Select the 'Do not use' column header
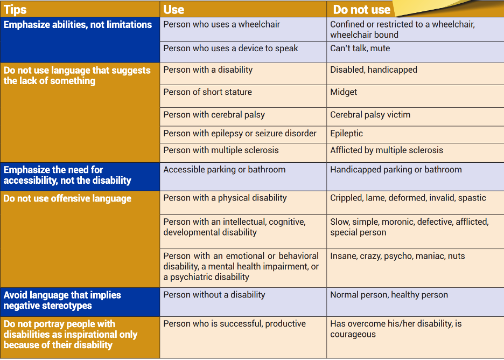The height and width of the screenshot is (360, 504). coord(362,9)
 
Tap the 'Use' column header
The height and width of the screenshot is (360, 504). coord(174,9)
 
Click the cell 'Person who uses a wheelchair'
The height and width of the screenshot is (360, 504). coord(222,24)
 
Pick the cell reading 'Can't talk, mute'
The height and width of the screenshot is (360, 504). coord(360,48)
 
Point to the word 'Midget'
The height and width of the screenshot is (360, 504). coord(344,92)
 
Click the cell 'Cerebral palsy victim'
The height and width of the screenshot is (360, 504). coord(370,115)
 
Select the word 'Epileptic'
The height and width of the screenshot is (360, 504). coord(346,133)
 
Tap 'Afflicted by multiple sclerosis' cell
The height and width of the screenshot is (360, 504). coord(387,150)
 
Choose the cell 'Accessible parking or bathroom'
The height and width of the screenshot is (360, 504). coord(225,170)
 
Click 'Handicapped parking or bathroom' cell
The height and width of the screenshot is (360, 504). coord(396,170)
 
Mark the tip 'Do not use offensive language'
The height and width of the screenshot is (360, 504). coord(67,198)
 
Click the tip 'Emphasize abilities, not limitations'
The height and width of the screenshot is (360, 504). coord(78,25)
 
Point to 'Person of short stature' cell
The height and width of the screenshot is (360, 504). coord(208,92)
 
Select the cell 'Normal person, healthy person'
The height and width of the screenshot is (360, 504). coord(389,295)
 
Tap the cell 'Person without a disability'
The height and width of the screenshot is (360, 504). coord(214,295)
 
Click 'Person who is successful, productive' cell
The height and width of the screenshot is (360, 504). coord(235,324)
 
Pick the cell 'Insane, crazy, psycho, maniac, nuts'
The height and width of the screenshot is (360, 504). coord(397,256)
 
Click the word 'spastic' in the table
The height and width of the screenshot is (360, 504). coord(472,198)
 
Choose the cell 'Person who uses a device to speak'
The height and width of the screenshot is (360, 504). coord(230,48)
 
